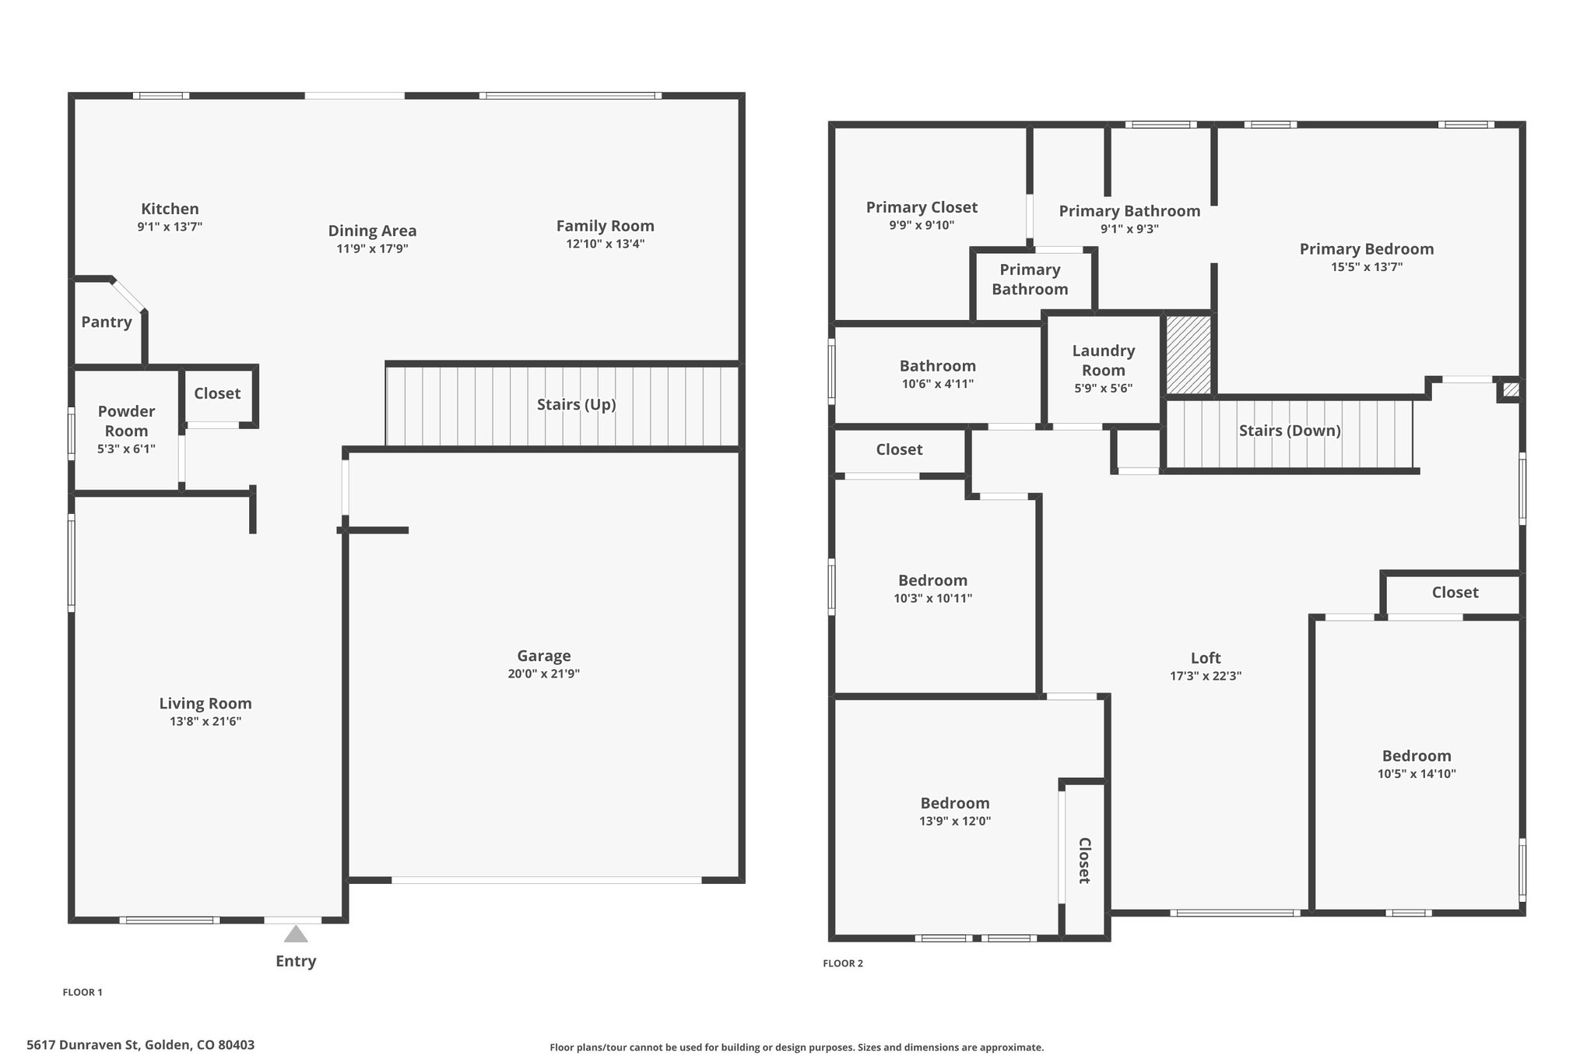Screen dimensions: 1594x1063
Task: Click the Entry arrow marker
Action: click(295, 934)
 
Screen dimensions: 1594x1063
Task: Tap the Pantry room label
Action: click(107, 322)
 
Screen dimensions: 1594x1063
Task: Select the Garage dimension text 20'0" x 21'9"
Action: click(544, 674)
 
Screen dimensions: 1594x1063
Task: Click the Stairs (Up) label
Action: click(576, 404)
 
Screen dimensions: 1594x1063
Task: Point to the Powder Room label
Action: click(126, 421)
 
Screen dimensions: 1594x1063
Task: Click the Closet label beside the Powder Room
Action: click(217, 393)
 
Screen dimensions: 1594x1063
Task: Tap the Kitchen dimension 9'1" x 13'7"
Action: click(170, 227)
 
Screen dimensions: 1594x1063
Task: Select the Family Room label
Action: click(605, 226)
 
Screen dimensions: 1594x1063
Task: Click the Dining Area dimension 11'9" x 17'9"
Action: click(372, 248)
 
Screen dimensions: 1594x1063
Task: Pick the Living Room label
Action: click(205, 703)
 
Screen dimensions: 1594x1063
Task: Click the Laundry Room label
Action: click(1104, 360)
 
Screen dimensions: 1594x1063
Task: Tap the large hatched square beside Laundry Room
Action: click(1188, 354)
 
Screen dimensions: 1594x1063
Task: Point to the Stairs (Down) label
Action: click(1290, 431)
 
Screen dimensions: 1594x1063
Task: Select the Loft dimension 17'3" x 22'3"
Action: click(1206, 676)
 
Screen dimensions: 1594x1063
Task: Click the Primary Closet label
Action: click(922, 207)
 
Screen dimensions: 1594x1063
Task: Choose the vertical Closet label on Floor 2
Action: click(1084, 861)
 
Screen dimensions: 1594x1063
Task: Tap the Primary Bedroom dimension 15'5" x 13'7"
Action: click(1367, 266)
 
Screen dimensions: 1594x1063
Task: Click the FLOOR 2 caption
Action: click(843, 963)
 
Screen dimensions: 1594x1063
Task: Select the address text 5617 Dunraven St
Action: click(85, 1045)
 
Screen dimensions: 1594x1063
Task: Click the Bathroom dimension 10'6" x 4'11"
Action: click(937, 383)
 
